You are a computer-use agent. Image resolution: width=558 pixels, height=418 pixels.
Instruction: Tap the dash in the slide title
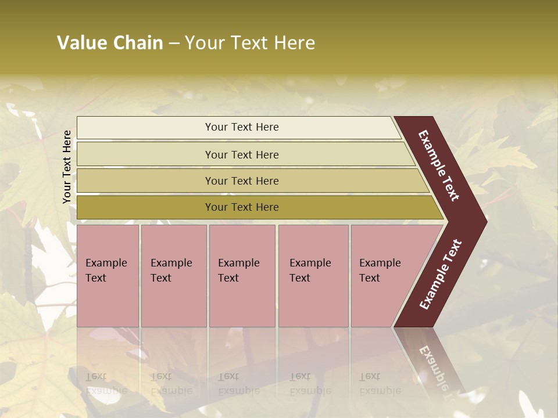174,44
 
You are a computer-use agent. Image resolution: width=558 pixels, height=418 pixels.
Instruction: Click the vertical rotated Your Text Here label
67,167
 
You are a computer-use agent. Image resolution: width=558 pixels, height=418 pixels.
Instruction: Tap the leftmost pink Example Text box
108,276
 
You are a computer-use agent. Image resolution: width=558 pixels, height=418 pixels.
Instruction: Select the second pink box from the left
173,276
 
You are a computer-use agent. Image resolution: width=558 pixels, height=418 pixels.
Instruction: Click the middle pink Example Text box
242,276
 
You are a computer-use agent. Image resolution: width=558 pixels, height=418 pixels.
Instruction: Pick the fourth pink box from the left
313,276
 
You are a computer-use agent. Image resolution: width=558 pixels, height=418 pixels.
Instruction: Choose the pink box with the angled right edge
384,276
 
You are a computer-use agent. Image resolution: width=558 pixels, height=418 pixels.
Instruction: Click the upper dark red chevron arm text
439,165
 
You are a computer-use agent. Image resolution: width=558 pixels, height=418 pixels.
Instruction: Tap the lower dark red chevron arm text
441,274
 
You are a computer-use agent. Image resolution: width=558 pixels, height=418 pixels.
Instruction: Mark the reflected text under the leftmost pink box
106,383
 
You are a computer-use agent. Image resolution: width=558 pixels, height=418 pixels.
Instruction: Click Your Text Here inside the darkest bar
242,207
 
